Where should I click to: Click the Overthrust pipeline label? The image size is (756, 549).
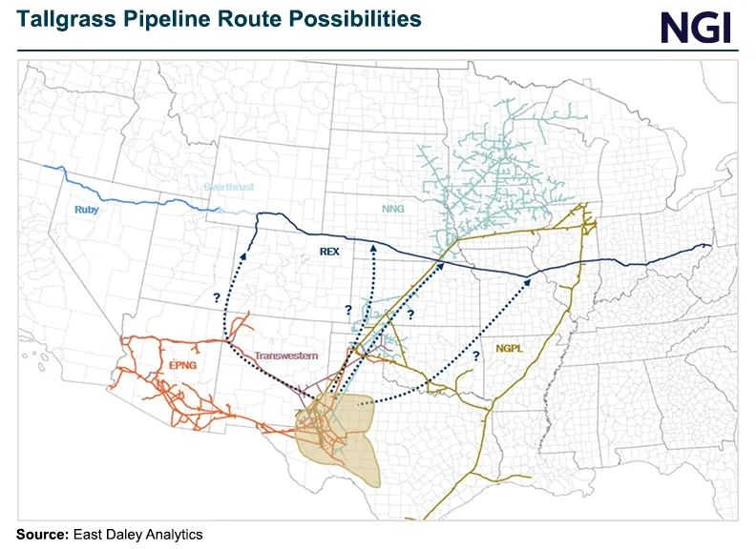[228, 188]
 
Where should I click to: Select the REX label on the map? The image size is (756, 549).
[328, 252]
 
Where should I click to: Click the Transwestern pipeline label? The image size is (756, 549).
[285, 356]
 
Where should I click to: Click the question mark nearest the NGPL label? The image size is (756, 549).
[475, 356]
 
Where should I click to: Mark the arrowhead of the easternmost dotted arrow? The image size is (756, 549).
[530, 279]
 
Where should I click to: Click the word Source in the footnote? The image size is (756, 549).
[41, 534]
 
